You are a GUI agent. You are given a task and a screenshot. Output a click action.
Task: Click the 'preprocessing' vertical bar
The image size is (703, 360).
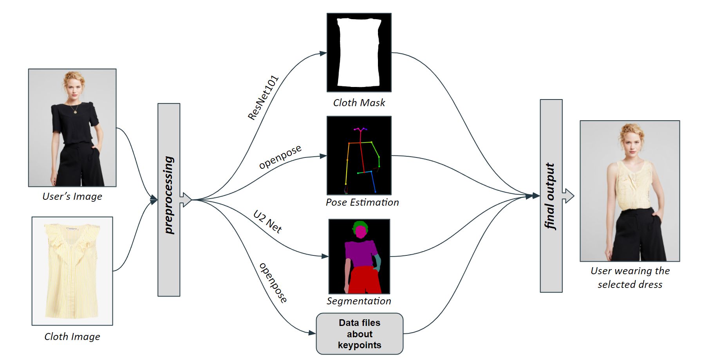[x=169, y=200]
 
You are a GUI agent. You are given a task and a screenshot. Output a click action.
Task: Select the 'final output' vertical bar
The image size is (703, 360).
[x=551, y=196]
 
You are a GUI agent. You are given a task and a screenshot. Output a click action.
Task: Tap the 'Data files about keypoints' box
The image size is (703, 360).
[x=360, y=334]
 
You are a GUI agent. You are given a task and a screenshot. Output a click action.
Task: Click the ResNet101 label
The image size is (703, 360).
[x=263, y=98]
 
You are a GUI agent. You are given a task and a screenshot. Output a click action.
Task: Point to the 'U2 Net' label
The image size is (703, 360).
[x=268, y=222]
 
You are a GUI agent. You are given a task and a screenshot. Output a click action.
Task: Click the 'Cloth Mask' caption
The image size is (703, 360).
[x=359, y=103]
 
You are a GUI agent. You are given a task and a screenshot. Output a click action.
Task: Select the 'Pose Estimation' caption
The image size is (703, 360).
[x=362, y=202]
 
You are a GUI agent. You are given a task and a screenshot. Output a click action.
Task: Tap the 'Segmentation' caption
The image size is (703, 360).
[x=359, y=301]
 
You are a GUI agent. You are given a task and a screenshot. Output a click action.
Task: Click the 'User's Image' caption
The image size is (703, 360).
[x=72, y=196]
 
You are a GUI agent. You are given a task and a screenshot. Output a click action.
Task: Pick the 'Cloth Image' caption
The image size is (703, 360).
[x=72, y=336]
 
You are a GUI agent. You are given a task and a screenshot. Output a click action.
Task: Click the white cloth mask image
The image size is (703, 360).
[x=359, y=52]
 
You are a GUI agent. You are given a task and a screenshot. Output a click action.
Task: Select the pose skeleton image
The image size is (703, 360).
[x=359, y=155]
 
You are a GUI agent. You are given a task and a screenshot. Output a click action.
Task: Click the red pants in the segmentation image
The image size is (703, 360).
[x=365, y=280]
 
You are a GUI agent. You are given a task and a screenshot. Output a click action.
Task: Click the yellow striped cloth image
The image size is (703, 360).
[x=72, y=271]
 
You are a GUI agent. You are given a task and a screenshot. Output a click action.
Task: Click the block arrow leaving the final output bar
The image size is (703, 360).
[x=568, y=195]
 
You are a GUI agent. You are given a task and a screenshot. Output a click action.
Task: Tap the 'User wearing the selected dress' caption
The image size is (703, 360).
[x=630, y=277]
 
